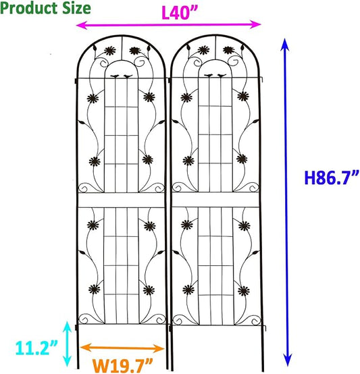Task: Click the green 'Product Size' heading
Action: point(45,8)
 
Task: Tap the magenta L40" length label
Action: point(180,12)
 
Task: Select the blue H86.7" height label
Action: point(332,178)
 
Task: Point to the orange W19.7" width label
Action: point(123,365)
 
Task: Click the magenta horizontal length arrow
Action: point(168,24)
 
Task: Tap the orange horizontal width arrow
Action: point(122,348)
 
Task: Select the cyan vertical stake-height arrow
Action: point(68,344)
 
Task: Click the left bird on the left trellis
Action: point(115,76)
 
